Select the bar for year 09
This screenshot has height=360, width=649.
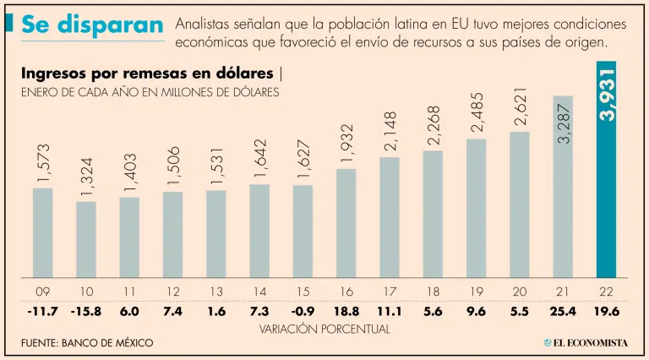coord(43,232)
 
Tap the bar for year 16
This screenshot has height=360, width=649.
coord(346,223)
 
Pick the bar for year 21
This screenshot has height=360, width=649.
coord(563,187)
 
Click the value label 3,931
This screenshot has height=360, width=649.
coord(607,93)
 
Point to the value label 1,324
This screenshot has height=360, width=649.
coord(87,176)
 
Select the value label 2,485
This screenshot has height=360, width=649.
coord(477,112)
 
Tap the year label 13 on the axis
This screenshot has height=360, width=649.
coord(216,292)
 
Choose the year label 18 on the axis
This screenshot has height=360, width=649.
coord(433,292)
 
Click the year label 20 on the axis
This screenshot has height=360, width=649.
coord(520,292)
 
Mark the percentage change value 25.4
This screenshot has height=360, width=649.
coord(563,311)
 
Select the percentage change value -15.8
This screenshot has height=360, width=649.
coord(86,311)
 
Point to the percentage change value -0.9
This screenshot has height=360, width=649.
coord(303,311)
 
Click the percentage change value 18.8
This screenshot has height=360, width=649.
coord(346,311)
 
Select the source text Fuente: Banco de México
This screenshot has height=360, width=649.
coord(87,343)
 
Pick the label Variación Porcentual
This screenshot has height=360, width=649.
coord(324,328)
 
